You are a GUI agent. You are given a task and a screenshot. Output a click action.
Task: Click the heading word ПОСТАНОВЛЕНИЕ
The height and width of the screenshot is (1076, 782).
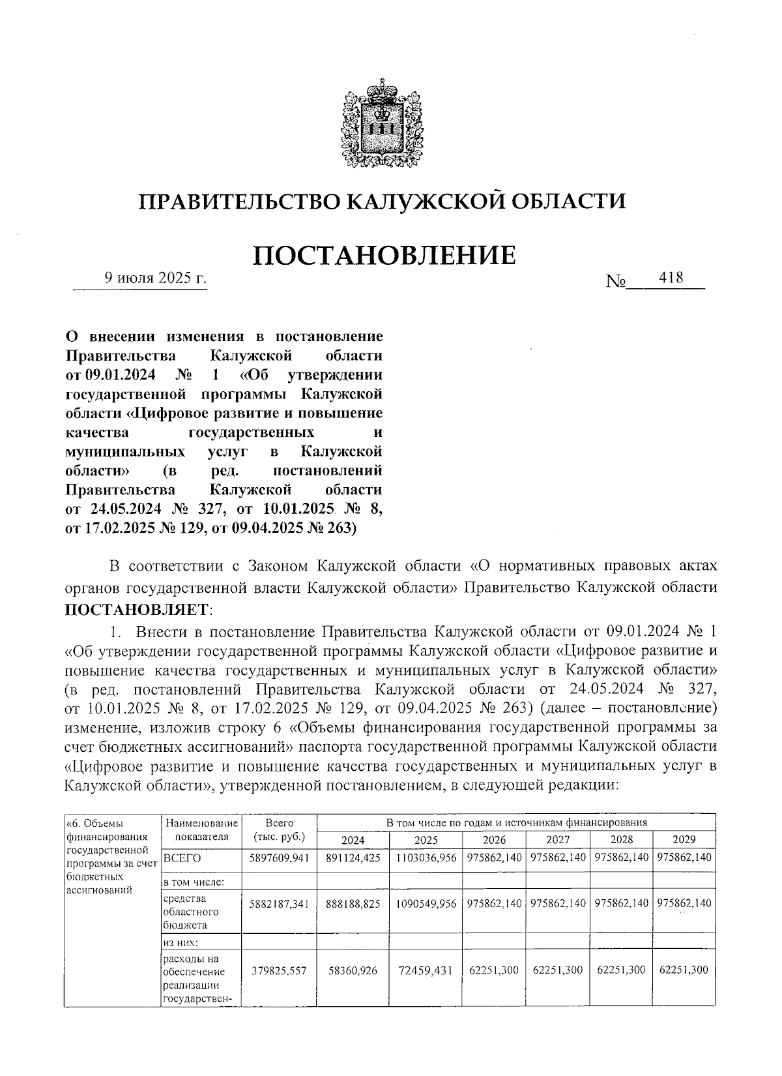[x=384, y=255]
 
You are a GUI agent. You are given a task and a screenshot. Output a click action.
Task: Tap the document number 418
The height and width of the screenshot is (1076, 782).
[x=671, y=278]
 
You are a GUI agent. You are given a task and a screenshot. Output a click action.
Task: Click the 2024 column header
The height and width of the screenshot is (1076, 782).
[x=353, y=840]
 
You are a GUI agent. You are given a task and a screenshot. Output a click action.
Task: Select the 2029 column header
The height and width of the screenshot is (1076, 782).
[x=684, y=840]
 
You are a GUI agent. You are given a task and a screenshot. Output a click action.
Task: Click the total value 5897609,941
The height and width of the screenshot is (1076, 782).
[x=279, y=858]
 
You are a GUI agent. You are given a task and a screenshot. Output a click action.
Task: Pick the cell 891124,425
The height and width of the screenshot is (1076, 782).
[x=353, y=858]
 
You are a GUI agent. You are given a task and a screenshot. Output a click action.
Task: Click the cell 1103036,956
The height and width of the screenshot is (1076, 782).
[x=426, y=858]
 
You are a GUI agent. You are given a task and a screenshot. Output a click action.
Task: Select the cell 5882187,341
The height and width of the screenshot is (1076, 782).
[x=279, y=904]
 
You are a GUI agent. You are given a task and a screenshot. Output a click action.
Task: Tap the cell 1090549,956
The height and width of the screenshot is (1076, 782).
[x=426, y=904]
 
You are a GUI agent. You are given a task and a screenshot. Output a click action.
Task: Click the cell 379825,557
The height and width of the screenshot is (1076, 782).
[x=279, y=970]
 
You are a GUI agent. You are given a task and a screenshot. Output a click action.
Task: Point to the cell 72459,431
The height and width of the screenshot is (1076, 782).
[x=426, y=970]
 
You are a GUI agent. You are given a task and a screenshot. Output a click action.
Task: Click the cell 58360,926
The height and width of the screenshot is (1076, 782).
[x=353, y=970]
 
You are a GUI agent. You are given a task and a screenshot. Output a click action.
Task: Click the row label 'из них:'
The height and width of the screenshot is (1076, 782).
[x=181, y=942]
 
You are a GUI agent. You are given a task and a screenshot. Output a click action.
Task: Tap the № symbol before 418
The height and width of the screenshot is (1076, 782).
[x=616, y=282]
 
